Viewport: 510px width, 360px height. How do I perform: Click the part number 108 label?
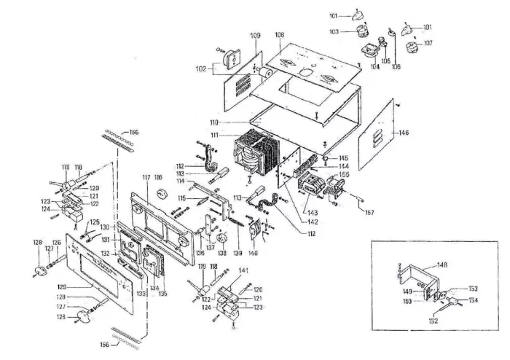pos(279,35)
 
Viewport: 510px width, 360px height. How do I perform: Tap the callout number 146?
pos(404,133)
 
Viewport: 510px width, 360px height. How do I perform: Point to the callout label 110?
pos(213,122)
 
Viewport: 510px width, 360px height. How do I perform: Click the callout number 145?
pos(342,158)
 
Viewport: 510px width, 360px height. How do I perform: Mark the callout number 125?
pos(94,222)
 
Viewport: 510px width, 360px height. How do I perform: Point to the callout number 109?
pos(255,36)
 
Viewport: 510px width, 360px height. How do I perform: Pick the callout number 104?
pos(375,66)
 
